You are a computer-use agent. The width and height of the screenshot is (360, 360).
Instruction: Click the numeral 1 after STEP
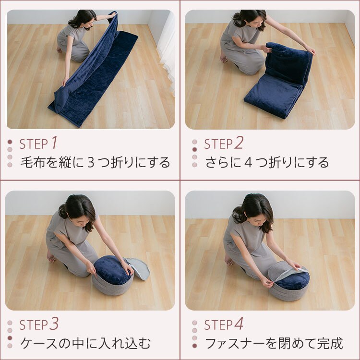54,143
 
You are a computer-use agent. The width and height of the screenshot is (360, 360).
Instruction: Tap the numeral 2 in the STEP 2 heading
239,143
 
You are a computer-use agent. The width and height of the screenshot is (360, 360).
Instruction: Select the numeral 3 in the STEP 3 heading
54,324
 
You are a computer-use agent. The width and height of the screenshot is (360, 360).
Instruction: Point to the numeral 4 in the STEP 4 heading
239,324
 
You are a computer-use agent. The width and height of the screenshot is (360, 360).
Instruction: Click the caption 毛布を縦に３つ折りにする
95,162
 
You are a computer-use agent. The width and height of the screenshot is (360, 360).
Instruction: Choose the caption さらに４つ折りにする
267,162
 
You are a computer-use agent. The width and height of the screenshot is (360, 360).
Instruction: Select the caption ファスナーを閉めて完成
274,344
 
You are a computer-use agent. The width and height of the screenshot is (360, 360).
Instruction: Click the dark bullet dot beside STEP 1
10,142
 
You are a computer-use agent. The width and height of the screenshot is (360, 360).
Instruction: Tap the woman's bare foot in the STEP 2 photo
224,59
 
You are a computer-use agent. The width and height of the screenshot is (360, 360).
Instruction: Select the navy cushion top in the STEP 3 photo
111,270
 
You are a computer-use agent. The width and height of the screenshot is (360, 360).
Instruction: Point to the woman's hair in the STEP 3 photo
77,206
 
